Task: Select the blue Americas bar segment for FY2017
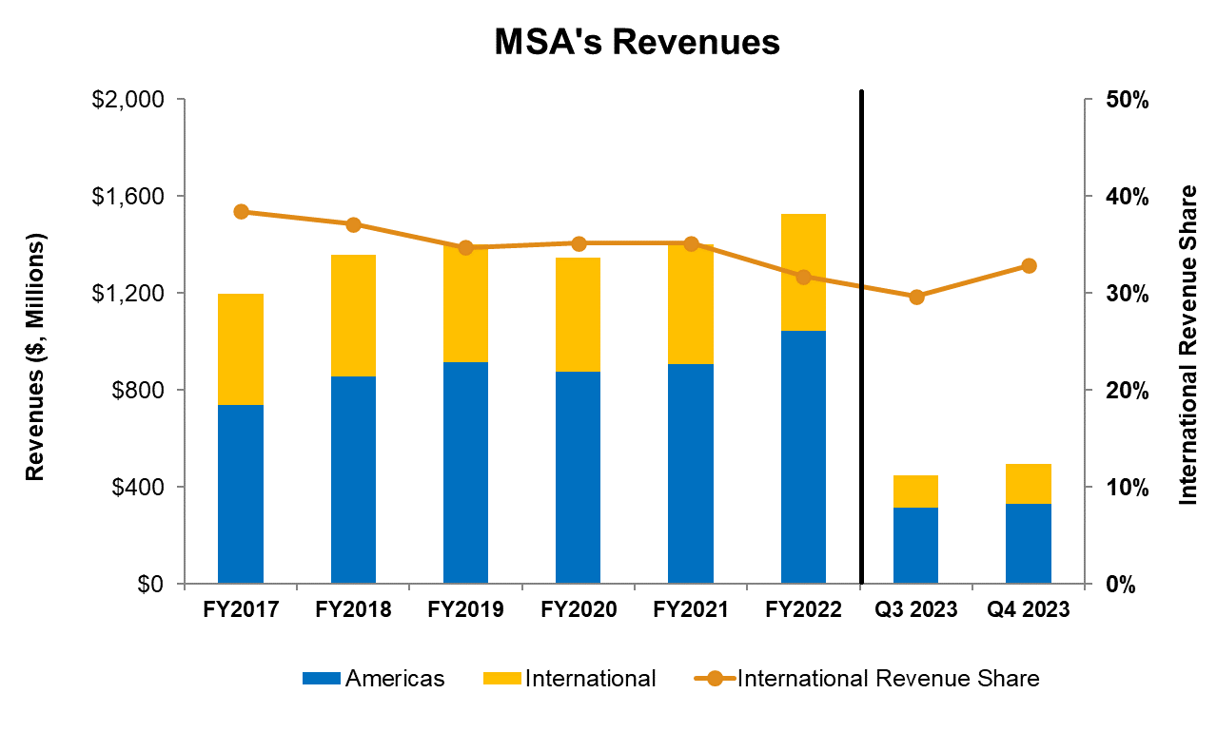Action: [x=241, y=494]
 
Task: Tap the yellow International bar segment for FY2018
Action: [x=353, y=316]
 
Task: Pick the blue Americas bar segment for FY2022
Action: [x=803, y=457]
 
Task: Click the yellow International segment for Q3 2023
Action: [x=915, y=491]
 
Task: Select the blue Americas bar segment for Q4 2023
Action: [x=1029, y=544]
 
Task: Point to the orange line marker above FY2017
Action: [x=241, y=212]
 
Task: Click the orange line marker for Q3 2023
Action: [x=916, y=297]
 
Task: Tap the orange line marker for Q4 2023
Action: [x=1029, y=266]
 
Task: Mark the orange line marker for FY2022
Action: [x=803, y=277]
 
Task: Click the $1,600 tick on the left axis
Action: [x=128, y=197]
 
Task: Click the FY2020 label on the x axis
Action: [x=578, y=610]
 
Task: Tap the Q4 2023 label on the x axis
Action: [x=1029, y=610]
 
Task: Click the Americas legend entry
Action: [x=373, y=679]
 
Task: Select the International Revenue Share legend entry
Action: [x=868, y=679]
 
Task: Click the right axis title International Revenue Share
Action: [x=1189, y=344]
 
